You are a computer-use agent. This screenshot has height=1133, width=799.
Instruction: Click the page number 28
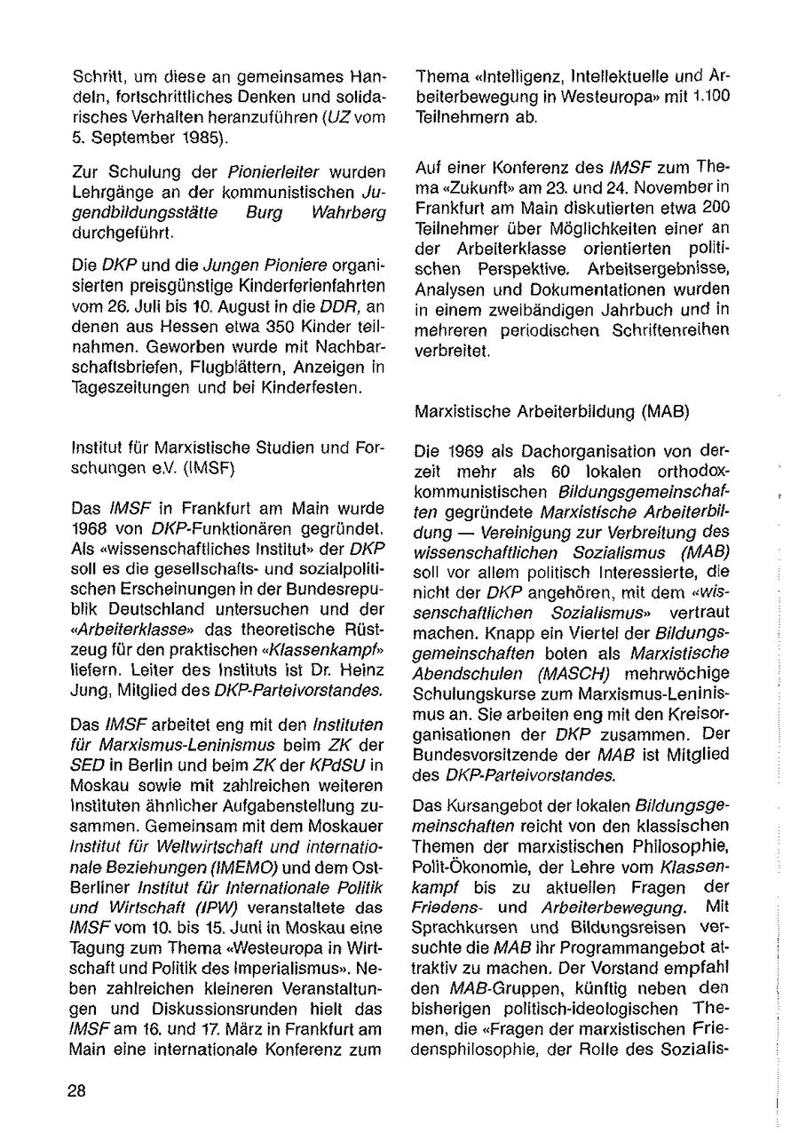(x=76, y=1091)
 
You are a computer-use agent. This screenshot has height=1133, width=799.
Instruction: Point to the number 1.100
(x=708, y=97)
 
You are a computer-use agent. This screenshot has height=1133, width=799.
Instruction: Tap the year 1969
(x=465, y=451)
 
